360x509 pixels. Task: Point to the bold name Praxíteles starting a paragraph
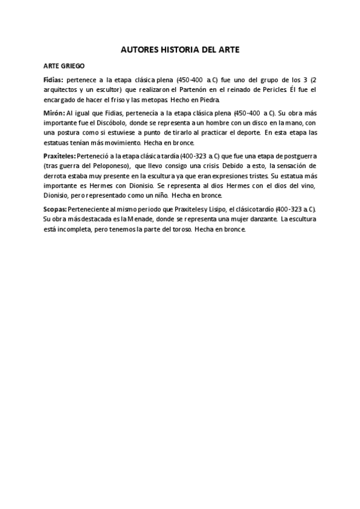click(59, 155)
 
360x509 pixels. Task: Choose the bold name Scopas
click(55, 208)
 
